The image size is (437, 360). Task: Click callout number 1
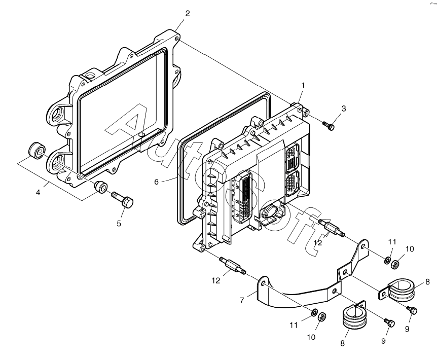coord(303,85)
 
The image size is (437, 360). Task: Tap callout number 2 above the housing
coord(187,13)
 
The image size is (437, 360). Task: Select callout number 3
coord(343,109)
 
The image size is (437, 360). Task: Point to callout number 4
coord(38,192)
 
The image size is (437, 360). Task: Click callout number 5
coord(119,224)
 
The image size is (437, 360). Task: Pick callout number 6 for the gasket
coord(156,182)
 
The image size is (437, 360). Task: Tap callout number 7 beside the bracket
coord(242,300)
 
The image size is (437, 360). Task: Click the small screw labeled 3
coord(329,125)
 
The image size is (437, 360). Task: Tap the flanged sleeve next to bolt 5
coord(100,186)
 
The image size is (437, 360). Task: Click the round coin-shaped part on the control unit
coord(268,211)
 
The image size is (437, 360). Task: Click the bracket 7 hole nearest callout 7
coord(264,284)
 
